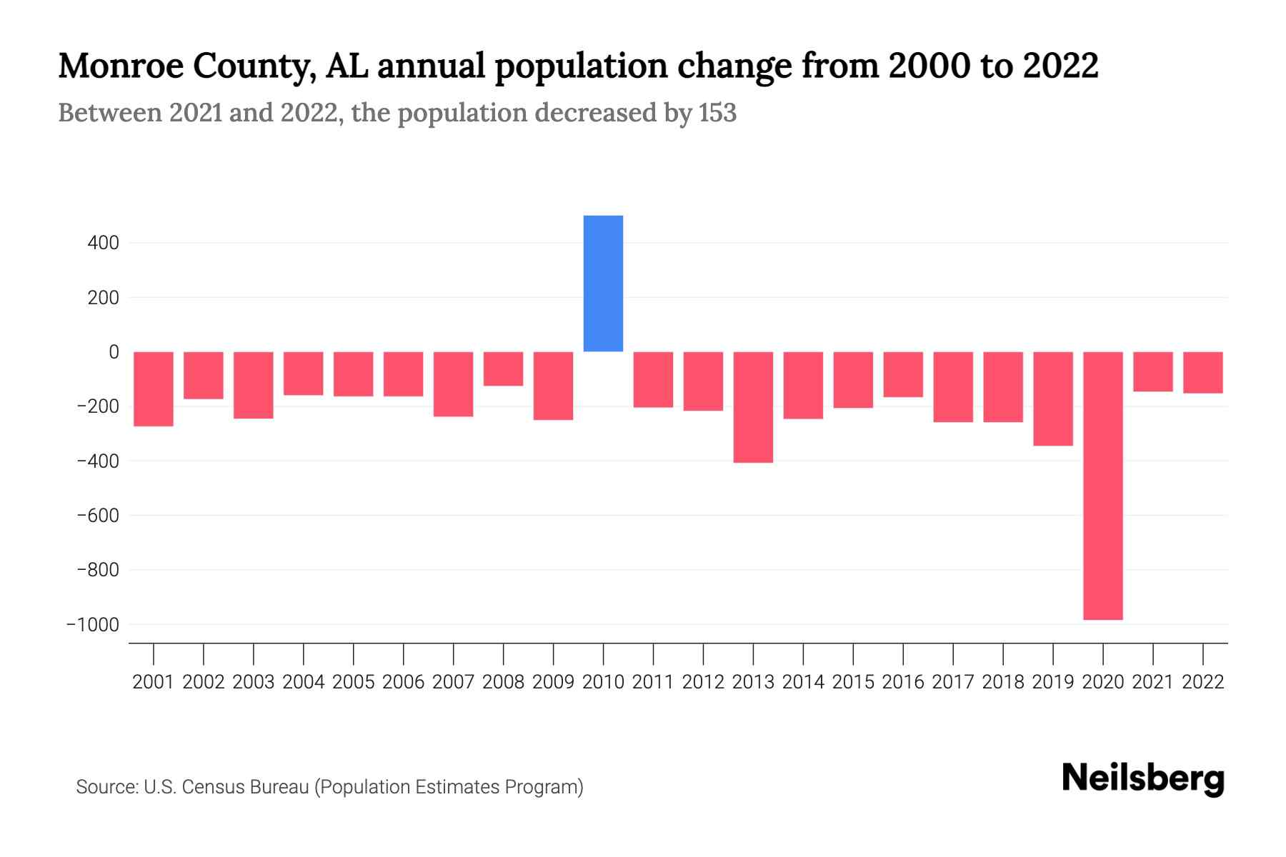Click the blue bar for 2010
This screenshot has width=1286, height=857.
click(603, 284)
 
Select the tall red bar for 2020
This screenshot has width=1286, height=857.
click(1102, 486)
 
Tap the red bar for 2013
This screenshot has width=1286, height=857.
click(753, 407)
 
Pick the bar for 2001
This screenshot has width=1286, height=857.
click(154, 389)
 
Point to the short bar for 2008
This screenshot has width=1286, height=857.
click(503, 369)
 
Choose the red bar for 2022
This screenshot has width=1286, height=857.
click(1203, 372)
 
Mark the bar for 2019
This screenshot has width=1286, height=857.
click(1052, 399)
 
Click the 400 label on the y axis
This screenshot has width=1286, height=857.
click(103, 244)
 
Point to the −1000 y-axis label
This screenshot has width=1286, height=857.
click(92, 625)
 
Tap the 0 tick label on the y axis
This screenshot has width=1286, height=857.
click(114, 352)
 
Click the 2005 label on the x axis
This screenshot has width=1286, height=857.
click(354, 682)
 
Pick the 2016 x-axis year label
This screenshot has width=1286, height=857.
click(903, 682)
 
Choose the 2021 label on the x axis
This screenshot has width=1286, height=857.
click(1152, 682)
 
